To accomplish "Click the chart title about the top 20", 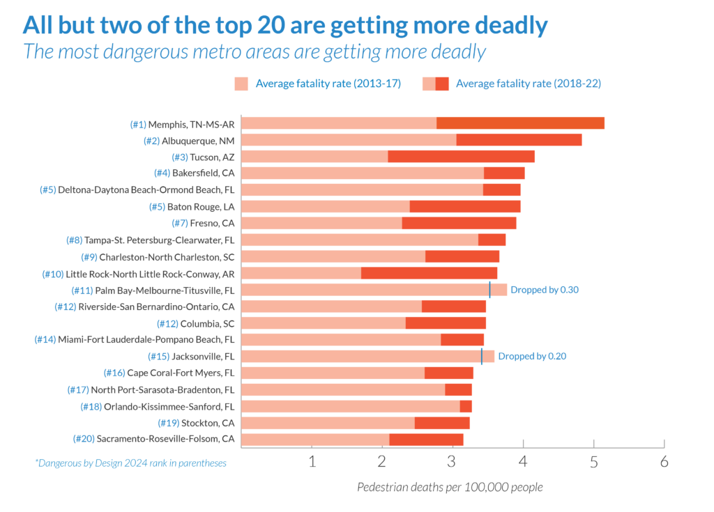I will click(284, 25).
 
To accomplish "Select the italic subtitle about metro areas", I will click(255, 52).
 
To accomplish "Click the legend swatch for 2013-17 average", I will click(241, 84).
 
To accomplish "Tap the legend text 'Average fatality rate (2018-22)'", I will click(528, 84).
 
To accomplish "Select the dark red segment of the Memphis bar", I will click(520, 123).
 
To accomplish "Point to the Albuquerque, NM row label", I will click(190, 141).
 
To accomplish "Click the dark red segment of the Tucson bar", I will click(461, 157).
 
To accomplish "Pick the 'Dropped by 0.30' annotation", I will click(545, 290).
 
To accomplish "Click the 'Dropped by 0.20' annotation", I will click(531, 356).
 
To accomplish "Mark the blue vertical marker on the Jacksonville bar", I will click(482, 357).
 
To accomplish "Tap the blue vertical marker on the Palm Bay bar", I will click(489, 290).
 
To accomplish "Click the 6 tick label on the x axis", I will click(664, 461).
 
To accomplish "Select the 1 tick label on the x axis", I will click(312, 461).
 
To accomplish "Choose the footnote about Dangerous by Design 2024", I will click(130, 463).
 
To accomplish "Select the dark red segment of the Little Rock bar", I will click(429, 273).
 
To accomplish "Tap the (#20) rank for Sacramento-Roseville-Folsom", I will click(83, 439).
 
